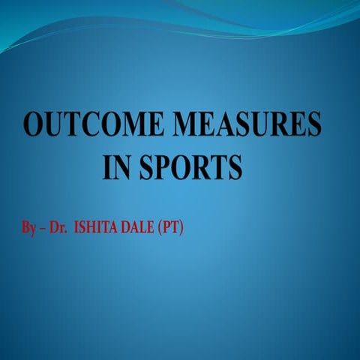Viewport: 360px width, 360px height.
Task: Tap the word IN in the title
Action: [x=115, y=166]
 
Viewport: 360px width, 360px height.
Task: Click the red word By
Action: [x=28, y=226]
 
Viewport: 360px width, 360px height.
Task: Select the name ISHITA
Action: [x=96, y=226]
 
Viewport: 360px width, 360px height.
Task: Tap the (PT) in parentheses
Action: [x=170, y=226]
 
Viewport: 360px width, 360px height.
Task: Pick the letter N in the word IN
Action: [x=120, y=166]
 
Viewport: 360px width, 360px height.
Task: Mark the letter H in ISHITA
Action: [x=91, y=226]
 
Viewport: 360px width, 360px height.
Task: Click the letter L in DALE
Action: [x=142, y=226]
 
